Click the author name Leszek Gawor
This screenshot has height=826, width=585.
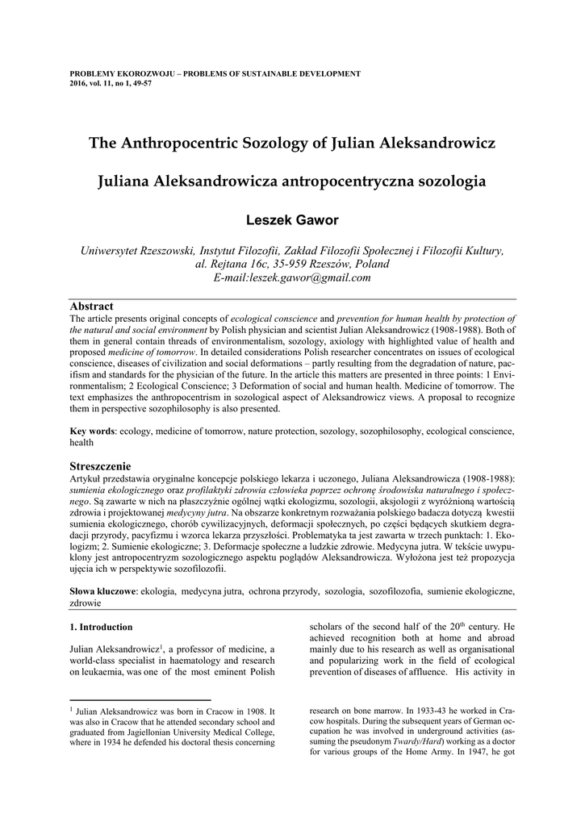[292, 219]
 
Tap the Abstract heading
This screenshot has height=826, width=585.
[92, 307]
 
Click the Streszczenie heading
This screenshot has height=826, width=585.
[100, 466]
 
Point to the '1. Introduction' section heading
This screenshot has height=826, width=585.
[101, 627]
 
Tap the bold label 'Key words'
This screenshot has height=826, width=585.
[92, 432]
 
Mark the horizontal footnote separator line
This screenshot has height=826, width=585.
[140, 700]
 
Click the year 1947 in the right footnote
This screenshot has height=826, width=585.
[474, 753]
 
